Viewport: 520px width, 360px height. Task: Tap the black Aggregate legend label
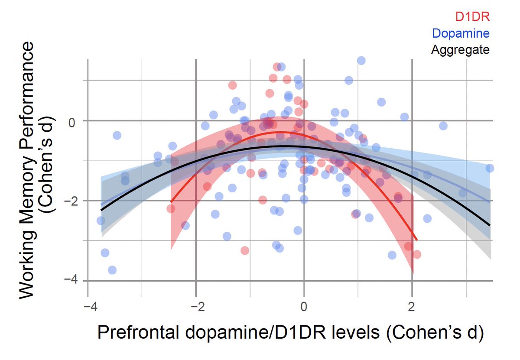tap(460, 50)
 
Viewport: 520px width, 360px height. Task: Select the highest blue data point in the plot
tap(361, 61)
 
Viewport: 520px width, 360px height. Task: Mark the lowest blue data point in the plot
tap(112, 270)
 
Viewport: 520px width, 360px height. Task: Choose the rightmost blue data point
tap(490, 168)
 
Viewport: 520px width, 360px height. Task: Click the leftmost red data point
tap(171, 208)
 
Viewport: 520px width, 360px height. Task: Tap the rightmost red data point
tap(417, 254)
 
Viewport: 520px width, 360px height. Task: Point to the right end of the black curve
tap(490, 225)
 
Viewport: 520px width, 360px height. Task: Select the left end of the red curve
tap(171, 202)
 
